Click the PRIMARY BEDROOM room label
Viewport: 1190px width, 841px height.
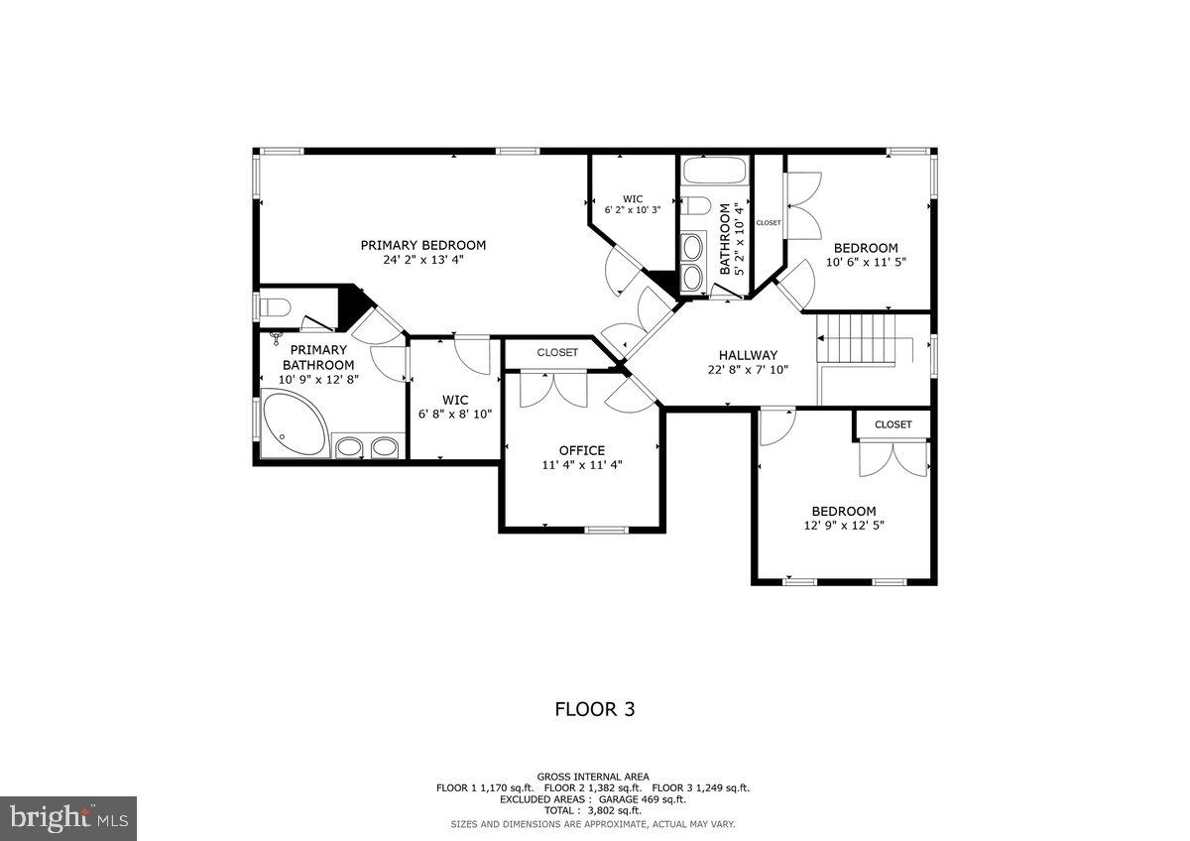click(x=422, y=245)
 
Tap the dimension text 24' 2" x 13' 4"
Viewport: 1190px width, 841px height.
click(x=422, y=261)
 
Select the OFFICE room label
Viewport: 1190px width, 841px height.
click(x=581, y=450)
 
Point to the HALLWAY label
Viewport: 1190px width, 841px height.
click(x=748, y=355)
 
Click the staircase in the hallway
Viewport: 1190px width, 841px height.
click(x=857, y=339)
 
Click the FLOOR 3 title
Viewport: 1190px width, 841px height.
click(x=594, y=709)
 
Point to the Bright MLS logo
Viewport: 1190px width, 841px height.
click(x=68, y=818)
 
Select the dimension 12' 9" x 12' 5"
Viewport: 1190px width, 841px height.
click(x=844, y=526)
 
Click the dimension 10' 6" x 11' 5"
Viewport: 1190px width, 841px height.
click(x=866, y=263)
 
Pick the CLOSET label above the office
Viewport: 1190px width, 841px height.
click(x=557, y=352)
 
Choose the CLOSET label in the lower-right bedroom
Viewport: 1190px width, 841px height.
click(x=892, y=424)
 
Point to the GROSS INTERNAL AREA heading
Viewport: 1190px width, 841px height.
click(x=593, y=777)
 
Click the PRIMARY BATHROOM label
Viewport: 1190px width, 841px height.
click(x=318, y=357)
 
